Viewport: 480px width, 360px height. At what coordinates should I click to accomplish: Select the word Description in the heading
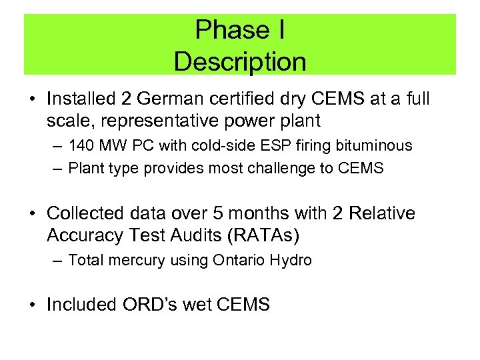pyautogui.click(x=240, y=62)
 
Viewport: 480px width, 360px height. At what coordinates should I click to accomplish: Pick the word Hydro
pyautogui.click(x=291, y=260)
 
